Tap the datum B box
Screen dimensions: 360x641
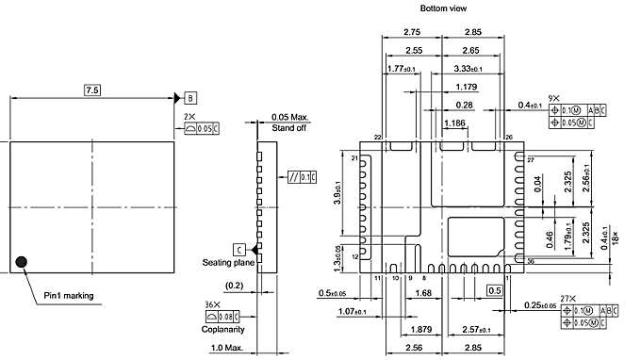(x=191, y=98)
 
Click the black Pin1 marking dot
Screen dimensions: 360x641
(x=22, y=260)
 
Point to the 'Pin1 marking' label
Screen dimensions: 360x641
(x=69, y=296)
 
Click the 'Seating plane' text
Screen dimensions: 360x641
(x=224, y=262)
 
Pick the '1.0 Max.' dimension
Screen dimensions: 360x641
(x=228, y=350)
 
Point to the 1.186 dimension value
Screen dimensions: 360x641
(x=454, y=123)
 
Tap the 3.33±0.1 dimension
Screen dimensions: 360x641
(x=468, y=69)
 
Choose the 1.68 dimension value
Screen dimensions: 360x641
(x=423, y=293)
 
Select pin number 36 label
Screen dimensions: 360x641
(x=531, y=261)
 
